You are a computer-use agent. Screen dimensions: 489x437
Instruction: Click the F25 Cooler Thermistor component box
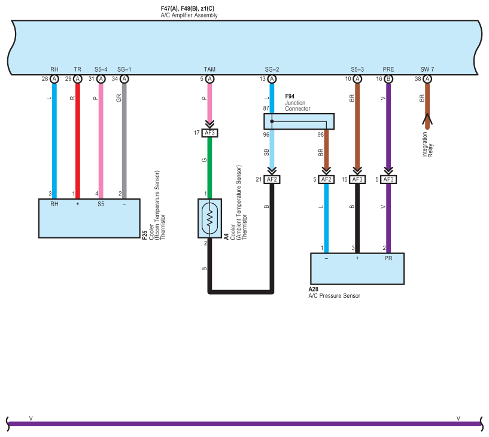tap(89, 218)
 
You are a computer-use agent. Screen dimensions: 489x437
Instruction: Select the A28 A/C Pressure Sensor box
tap(357, 269)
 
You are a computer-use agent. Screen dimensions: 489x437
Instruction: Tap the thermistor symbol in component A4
tap(210, 218)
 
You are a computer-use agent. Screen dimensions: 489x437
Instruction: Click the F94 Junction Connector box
tap(299, 121)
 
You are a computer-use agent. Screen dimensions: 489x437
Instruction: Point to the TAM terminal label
tap(209, 69)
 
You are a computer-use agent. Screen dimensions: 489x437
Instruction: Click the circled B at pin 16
tap(388, 79)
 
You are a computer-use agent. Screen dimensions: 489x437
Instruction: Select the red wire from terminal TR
tap(78, 141)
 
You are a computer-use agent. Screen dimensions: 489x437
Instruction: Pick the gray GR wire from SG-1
tap(124, 141)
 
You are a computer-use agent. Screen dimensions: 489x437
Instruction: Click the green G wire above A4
tap(209, 168)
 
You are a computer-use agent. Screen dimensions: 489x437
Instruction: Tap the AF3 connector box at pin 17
tap(209, 133)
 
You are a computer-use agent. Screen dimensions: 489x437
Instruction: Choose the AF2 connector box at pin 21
tap(272, 179)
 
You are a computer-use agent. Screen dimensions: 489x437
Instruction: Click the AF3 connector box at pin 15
tap(357, 179)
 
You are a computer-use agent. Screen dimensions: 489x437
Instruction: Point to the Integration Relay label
tap(427, 145)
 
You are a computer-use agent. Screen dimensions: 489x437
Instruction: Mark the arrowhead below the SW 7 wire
tap(427, 119)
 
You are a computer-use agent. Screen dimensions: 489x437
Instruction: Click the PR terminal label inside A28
tap(388, 258)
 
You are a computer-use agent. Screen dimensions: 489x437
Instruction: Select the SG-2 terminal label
tap(272, 69)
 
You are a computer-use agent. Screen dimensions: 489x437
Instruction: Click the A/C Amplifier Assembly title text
tap(189, 15)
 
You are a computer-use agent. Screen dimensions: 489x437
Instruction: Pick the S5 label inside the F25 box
tap(101, 204)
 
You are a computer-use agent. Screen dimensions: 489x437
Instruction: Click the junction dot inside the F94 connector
tap(272, 121)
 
